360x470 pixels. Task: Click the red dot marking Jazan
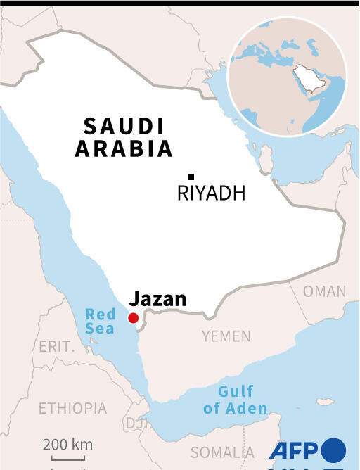click(x=133, y=318)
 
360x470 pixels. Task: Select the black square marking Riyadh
click(x=191, y=177)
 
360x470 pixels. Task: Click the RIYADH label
click(x=211, y=193)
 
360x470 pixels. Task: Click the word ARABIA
click(x=124, y=149)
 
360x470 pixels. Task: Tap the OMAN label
click(x=324, y=291)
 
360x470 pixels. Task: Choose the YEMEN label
click(x=226, y=336)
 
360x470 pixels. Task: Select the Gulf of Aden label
click(x=236, y=400)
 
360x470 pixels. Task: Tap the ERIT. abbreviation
click(x=56, y=347)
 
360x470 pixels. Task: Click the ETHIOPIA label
click(x=72, y=408)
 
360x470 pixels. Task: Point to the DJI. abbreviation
click(x=134, y=422)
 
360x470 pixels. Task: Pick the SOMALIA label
click(x=222, y=452)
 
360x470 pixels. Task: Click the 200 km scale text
click(x=67, y=445)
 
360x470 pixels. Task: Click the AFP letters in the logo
click(x=293, y=450)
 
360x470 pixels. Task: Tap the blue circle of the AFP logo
click(x=333, y=450)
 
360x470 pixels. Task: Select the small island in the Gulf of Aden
click(x=324, y=402)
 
